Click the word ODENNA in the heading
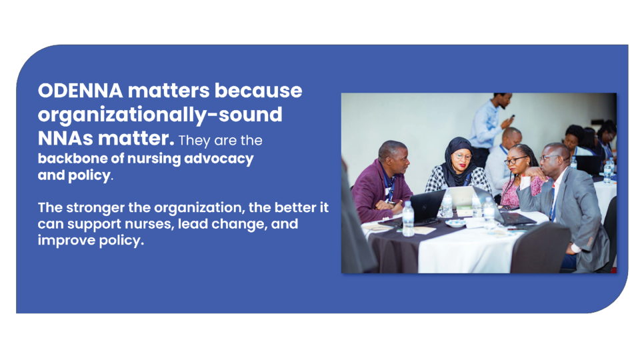[81, 91]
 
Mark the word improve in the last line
[67, 241]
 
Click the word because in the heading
[259, 91]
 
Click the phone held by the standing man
[512, 118]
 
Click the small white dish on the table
[455, 223]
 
